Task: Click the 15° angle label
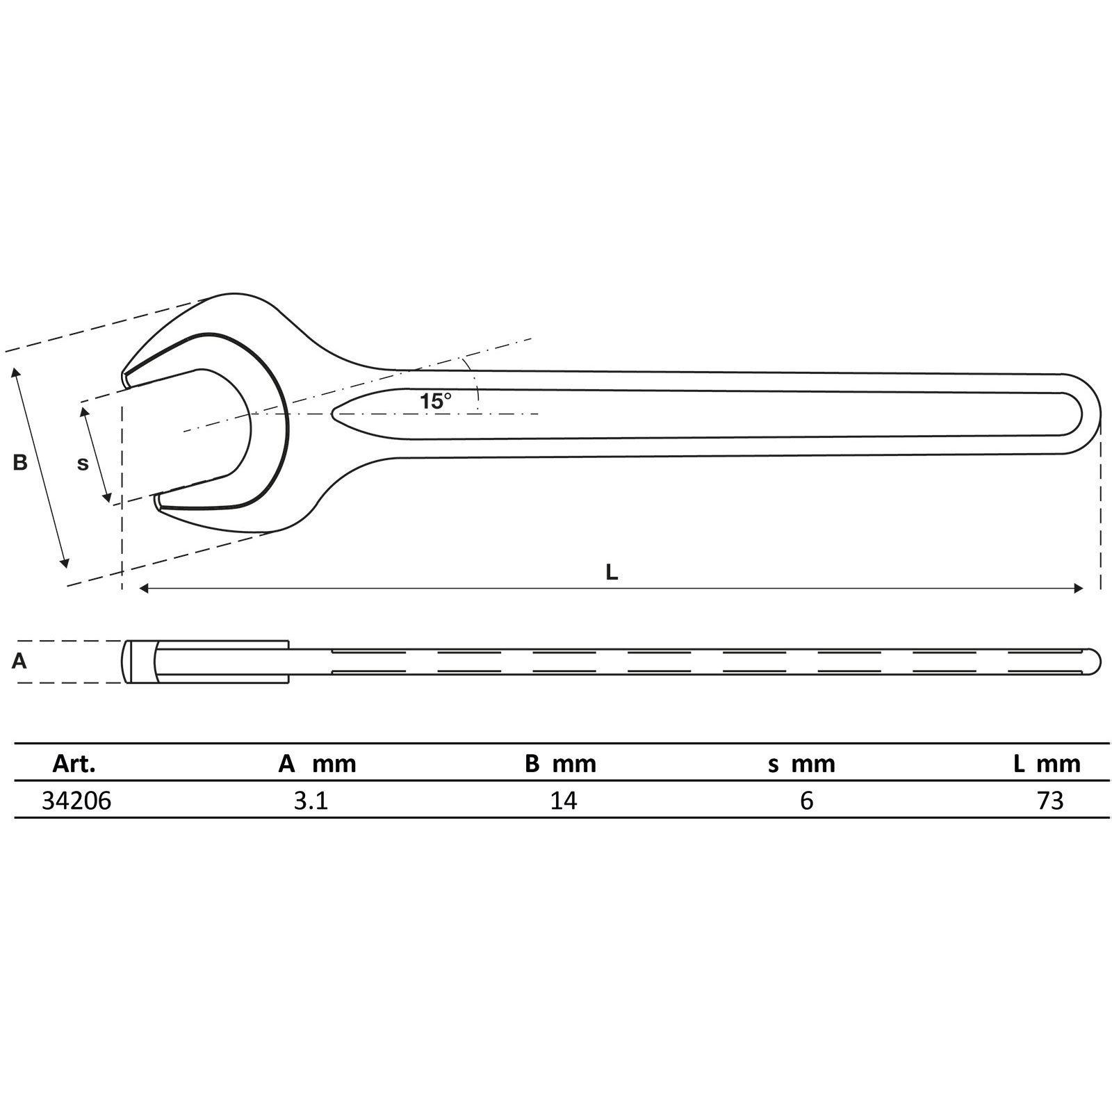click(435, 401)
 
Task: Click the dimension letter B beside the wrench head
click(20, 462)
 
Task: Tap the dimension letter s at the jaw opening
click(83, 464)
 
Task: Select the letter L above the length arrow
click(612, 572)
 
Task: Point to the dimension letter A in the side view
click(19, 661)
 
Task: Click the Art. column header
click(74, 764)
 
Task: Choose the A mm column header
click(317, 764)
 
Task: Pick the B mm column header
click(560, 764)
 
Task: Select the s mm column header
click(801, 764)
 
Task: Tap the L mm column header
click(1047, 764)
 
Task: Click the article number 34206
click(76, 801)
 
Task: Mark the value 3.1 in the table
click(311, 801)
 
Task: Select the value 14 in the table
click(563, 801)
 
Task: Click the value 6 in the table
click(806, 801)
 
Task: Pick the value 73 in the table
click(1050, 801)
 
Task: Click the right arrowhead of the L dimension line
click(1079, 589)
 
